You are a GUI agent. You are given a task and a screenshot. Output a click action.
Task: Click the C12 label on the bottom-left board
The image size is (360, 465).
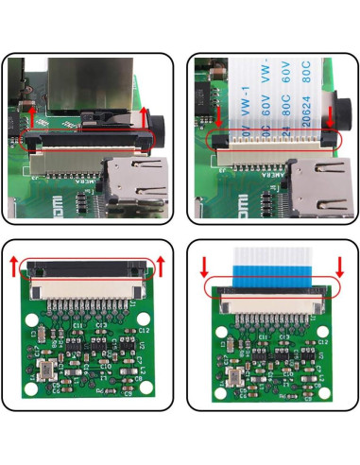pos(143,330)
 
